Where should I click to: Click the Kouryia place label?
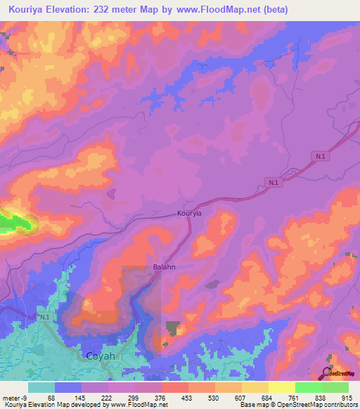pyautogui.click(x=189, y=212)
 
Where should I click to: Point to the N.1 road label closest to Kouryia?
pyautogui.click(x=273, y=182)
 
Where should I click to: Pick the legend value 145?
pyautogui.click(x=80, y=397)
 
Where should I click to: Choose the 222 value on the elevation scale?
pyautogui.click(x=107, y=397)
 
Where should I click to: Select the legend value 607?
pyautogui.click(x=240, y=397)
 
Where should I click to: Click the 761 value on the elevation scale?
pyautogui.click(x=294, y=397)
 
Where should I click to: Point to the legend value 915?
pyautogui.click(x=345, y=397)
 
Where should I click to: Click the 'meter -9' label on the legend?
pyautogui.click(x=15, y=397)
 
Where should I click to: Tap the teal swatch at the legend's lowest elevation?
pyautogui.click(x=41, y=387)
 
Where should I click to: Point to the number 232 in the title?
pyautogui.click(x=125, y=10)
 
